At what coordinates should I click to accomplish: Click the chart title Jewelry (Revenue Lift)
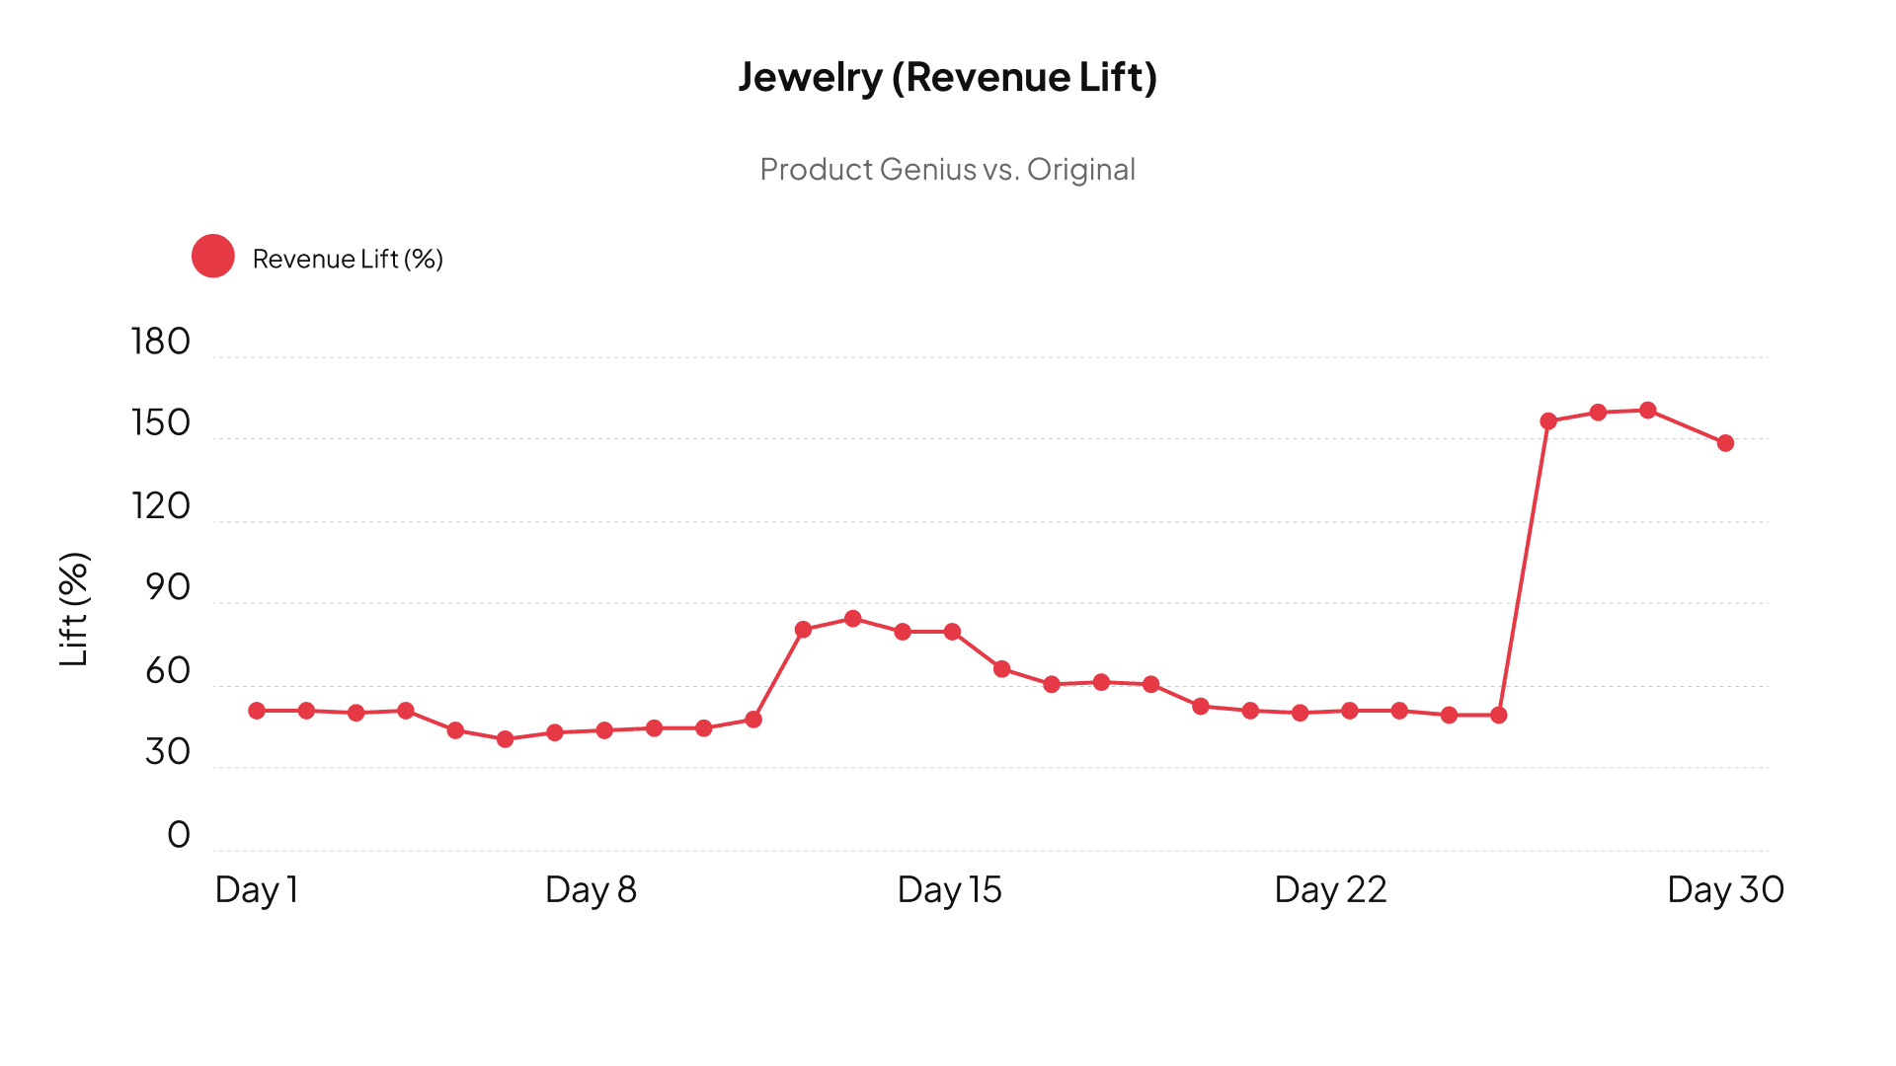pyautogui.click(x=947, y=77)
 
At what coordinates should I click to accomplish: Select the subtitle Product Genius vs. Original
pyautogui.click(x=947, y=170)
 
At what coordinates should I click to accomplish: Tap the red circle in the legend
pyautogui.click(x=213, y=257)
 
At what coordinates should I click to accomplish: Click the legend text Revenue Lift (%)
pyautogui.click(x=348, y=259)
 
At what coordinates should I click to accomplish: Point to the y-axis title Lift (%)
pyautogui.click(x=74, y=609)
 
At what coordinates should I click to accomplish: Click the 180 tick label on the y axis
pyautogui.click(x=160, y=342)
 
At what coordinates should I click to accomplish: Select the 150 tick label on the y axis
pyautogui.click(x=160, y=423)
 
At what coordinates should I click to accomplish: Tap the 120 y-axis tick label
pyautogui.click(x=160, y=506)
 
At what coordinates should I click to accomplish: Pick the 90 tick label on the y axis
pyautogui.click(x=167, y=588)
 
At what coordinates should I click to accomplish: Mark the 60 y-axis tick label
pyautogui.click(x=167, y=671)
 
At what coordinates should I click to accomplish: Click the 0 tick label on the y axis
pyautogui.click(x=179, y=835)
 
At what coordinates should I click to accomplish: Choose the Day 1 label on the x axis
pyautogui.click(x=257, y=890)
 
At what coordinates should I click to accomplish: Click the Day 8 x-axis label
pyautogui.click(x=591, y=890)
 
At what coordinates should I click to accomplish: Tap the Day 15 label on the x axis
pyautogui.click(x=949, y=890)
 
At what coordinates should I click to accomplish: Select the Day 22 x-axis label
pyautogui.click(x=1330, y=890)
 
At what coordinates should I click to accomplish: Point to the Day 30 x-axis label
pyautogui.click(x=1725, y=890)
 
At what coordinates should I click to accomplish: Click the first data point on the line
pyautogui.click(x=257, y=711)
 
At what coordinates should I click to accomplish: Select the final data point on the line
pyautogui.click(x=1725, y=443)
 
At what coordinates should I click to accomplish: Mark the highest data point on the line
pyautogui.click(x=1647, y=411)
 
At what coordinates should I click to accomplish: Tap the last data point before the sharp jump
pyautogui.click(x=1499, y=715)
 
